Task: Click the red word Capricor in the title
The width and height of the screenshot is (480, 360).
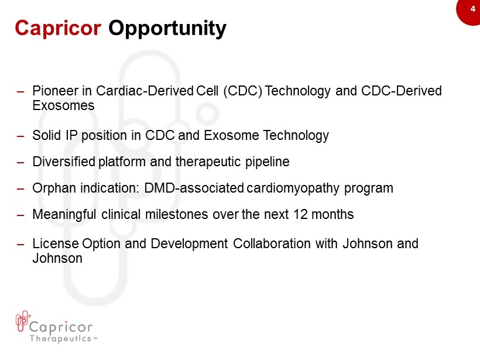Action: [58, 29]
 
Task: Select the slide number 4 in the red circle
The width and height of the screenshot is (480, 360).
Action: [473, 9]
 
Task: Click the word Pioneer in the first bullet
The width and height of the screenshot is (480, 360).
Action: [56, 91]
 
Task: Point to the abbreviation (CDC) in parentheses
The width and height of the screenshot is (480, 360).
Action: [243, 91]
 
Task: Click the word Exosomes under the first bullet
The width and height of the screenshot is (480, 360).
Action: [63, 105]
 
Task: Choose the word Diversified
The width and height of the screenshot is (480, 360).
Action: [64, 162]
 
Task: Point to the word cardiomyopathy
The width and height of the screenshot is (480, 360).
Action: [293, 188]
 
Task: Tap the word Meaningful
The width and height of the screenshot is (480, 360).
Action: [64, 215]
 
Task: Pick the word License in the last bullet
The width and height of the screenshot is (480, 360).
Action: [56, 244]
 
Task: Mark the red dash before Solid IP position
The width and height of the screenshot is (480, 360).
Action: [20, 136]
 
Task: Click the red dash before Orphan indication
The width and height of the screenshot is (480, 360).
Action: [20, 189]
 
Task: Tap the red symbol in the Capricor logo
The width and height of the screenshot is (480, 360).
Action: [23, 321]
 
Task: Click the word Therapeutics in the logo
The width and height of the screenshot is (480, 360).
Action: [60, 338]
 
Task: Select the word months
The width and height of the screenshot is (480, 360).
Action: [332, 214]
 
